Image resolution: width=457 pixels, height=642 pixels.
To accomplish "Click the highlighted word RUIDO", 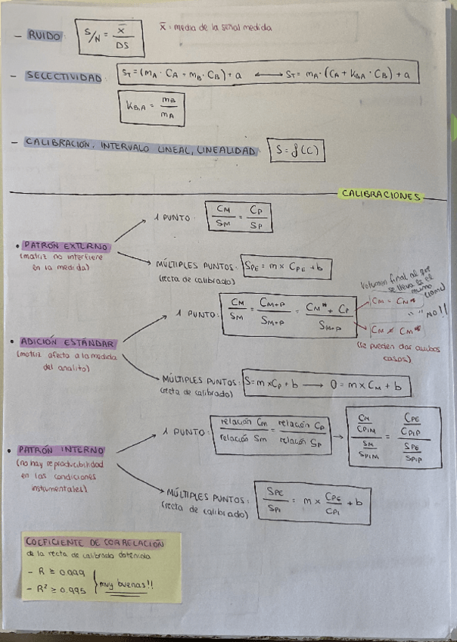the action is [45, 36].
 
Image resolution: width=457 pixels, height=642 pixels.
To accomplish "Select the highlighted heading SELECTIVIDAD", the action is [63, 76].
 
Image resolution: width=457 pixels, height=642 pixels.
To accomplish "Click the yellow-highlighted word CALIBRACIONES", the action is [381, 195].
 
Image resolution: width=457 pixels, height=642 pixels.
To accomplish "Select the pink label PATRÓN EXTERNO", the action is [66, 246].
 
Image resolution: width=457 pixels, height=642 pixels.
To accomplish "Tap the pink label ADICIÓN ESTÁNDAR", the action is [68, 341].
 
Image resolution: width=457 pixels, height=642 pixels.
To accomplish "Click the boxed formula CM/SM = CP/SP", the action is [238, 216].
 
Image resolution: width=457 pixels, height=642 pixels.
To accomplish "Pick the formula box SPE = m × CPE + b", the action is [286, 267].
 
